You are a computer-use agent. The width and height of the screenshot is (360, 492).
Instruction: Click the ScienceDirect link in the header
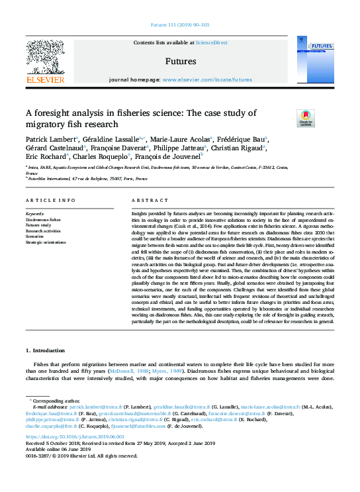[x=212, y=42]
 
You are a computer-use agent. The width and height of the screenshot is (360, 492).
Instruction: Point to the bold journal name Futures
[x=180, y=61]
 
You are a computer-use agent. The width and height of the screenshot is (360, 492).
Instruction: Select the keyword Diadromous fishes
[x=43, y=219]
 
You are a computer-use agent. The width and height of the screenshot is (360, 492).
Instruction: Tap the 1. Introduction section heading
[x=46, y=350]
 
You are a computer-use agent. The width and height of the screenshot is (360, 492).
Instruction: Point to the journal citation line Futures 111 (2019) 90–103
[x=180, y=26]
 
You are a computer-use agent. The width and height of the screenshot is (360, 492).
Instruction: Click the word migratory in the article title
[x=47, y=124]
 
